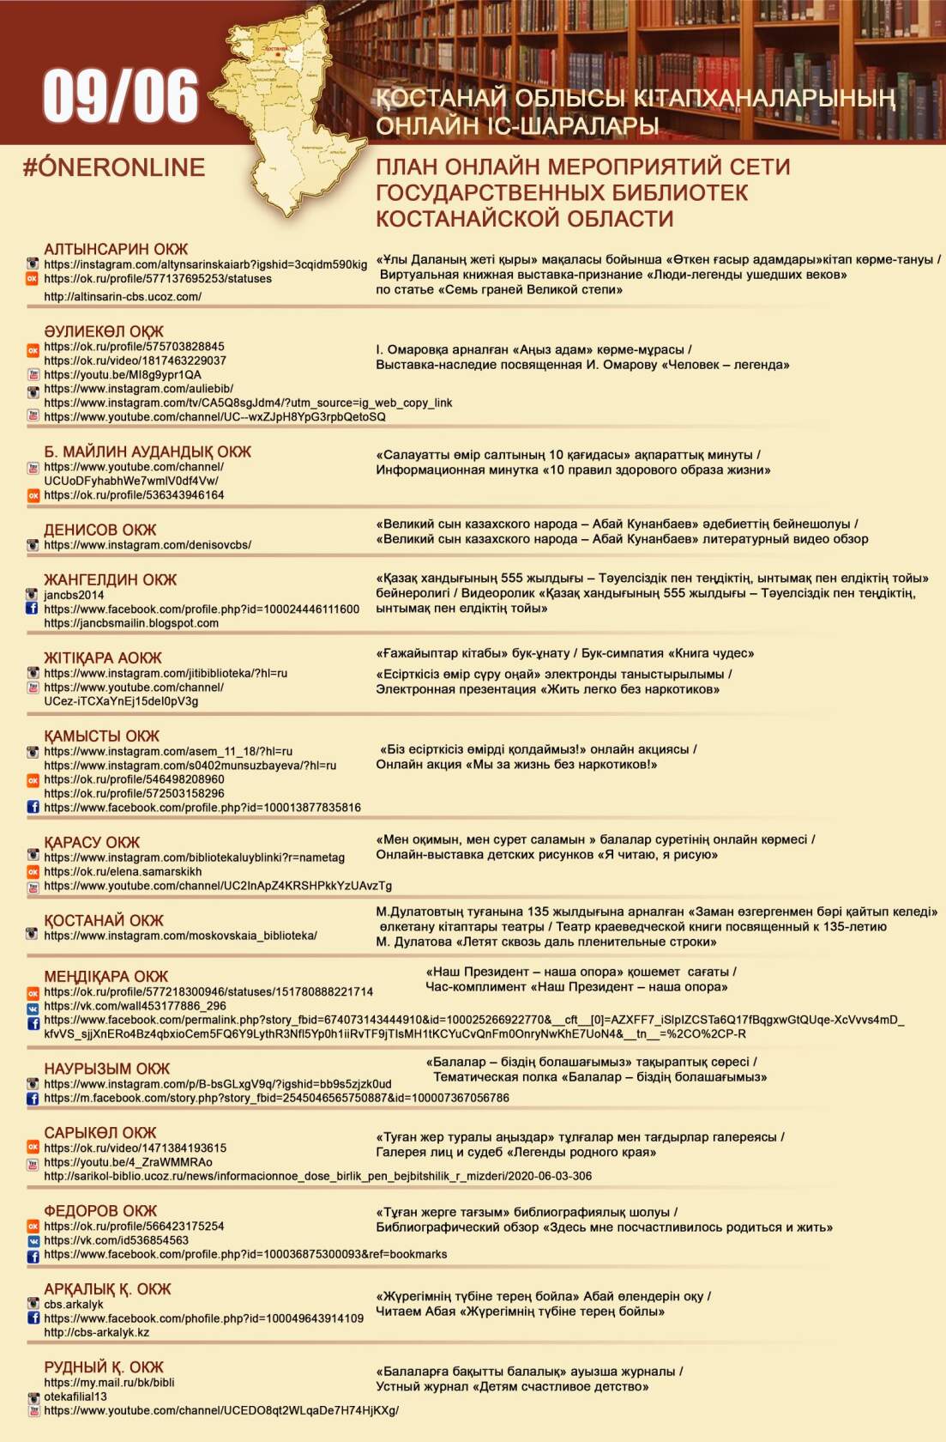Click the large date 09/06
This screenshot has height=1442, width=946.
(120, 96)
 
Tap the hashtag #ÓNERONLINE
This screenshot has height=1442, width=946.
(114, 167)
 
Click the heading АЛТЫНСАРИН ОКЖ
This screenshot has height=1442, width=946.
(116, 249)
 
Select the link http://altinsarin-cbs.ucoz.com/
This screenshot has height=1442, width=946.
(123, 297)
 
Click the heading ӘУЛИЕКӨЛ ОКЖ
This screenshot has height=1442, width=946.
(104, 331)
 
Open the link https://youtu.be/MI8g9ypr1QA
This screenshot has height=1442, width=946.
(123, 375)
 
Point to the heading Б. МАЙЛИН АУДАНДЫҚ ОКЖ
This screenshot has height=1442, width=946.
(148, 451)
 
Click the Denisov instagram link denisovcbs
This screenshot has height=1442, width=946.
(148, 545)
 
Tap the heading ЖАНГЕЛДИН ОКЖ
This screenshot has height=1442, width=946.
(110, 580)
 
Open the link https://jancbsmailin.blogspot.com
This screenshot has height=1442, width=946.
(131, 623)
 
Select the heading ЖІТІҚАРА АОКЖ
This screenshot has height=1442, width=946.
(103, 658)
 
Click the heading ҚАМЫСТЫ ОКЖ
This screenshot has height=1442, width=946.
(101, 736)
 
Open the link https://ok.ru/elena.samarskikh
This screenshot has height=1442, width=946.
(123, 872)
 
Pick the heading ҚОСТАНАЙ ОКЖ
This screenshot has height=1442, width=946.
(104, 921)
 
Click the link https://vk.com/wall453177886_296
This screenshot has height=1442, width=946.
(135, 1006)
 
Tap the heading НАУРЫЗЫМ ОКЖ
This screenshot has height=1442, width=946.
(107, 1069)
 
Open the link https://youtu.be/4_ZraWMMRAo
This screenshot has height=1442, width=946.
(128, 1162)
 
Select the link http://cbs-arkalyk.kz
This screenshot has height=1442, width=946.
(97, 1333)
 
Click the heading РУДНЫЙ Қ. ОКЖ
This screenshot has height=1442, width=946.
(104, 1367)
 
